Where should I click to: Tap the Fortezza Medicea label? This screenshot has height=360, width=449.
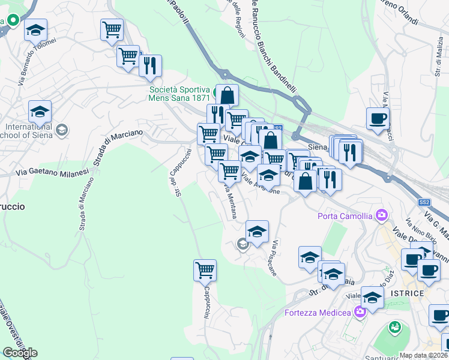click(317, 312)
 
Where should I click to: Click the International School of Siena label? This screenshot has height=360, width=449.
click(29, 131)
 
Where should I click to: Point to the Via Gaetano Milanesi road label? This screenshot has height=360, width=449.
click(52, 172)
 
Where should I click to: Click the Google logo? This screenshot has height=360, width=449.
click(19, 352)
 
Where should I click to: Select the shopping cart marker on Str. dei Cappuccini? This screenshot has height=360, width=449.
click(205, 271)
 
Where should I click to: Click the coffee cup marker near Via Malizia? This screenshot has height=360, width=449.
click(377, 118)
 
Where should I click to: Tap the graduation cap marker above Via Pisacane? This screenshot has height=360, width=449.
click(257, 231)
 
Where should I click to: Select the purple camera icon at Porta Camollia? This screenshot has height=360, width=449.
click(381, 215)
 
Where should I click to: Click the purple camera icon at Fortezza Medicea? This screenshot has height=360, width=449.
click(360, 311)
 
